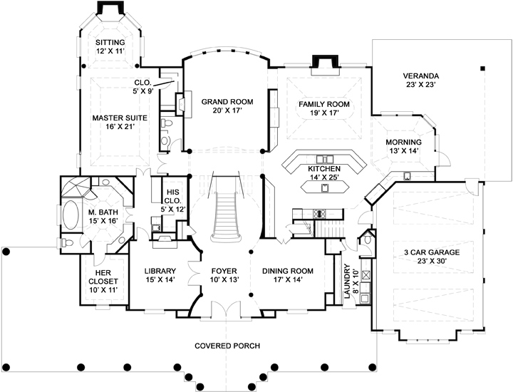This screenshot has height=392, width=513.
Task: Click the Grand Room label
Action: [x=227, y=102]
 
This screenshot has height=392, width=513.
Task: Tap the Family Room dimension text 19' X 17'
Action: [x=324, y=113]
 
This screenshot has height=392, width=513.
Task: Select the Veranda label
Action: [x=421, y=76]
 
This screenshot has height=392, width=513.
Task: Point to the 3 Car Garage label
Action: [x=432, y=252]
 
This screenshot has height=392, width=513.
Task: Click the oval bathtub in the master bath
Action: [x=71, y=215]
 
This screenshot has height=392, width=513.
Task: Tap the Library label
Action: [x=160, y=271]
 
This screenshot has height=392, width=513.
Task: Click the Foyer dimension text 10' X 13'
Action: [x=224, y=280]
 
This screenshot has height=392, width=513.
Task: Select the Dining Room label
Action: [x=288, y=271]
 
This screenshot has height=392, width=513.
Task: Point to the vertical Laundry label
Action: [x=347, y=282]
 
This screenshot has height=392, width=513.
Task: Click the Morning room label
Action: [x=404, y=143]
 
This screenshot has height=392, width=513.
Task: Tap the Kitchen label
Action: [x=324, y=169]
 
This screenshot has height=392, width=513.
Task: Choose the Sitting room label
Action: [x=110, y=43]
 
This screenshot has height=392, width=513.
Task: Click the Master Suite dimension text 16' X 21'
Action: [x=120, y=127]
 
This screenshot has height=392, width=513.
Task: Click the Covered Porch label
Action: [x=227, y=346]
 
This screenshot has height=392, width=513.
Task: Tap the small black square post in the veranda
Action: [x=482, y=68]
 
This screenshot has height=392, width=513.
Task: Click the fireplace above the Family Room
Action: [x=325, y=63]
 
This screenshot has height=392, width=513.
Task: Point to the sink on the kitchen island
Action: [x=325, y=188]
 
